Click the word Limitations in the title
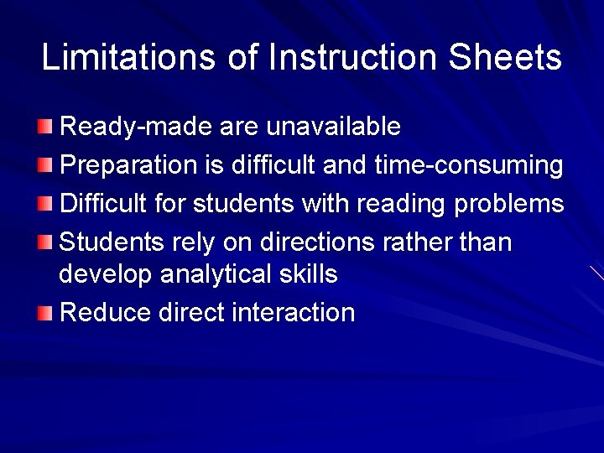[x=129, y=58]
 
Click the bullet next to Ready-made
[x=44, y=128]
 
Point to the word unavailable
[x=333, y=127]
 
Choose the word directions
[x=316, y=242]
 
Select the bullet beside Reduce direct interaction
[x=44, y=314]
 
